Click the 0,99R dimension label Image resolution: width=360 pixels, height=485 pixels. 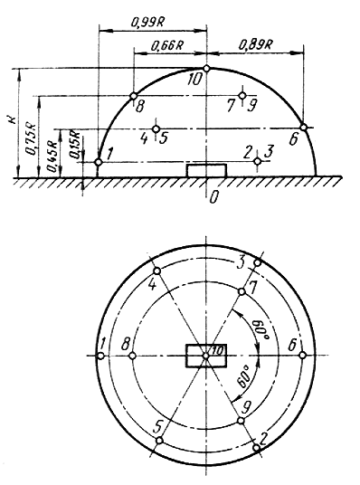pyautogui.click(x=147, y=23)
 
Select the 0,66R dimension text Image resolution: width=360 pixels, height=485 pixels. pyautogui.click(x=167, y=45)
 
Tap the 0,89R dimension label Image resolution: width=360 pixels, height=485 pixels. pyautogui.click(x=255, y=45)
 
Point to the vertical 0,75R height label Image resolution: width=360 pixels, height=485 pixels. pyautogui.click(x=31, y=139)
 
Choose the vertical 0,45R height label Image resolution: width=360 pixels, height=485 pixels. pyautogui.click(x=52, y=157)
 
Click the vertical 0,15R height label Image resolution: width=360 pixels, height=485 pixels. pyautogui.click(x=75, y=146)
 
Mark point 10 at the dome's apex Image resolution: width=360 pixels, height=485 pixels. pyautogui.click(x=206, y=69)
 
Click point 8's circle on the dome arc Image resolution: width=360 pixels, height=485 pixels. pyautogui.click(x=133, y=96)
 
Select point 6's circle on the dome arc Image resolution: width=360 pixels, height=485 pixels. pyautogui.click(x=303, y=127)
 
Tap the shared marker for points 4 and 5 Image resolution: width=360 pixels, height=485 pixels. pyautogui.click(x=156, y=128)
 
